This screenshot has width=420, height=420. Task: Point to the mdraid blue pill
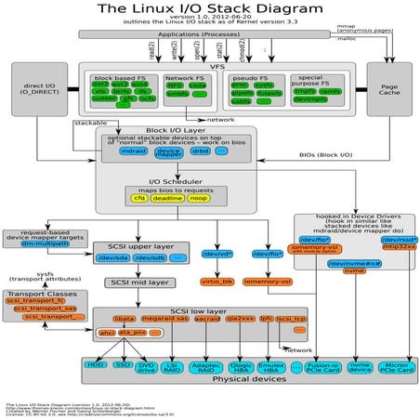point(136,150)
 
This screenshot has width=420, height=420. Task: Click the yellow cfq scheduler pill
point(139,198)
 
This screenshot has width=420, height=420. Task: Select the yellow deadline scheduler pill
point(167,198)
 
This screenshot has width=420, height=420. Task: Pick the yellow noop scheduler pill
point(197,198)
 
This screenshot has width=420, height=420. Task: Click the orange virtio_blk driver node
point(217,280)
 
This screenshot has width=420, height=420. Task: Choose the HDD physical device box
point(96,366)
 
